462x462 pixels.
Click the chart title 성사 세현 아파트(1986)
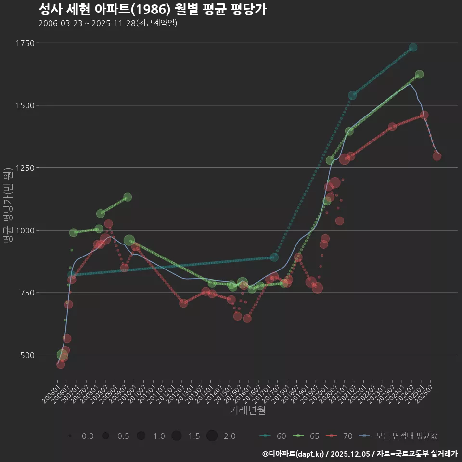[x=152, y=10]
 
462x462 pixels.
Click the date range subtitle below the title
[x=108, y=23]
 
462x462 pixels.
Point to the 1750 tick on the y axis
[x=25, y=43]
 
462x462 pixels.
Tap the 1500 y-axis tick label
[x=25, y=105]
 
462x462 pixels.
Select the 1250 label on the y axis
[x=25, y=168]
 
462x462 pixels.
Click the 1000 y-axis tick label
[x=25, y=230]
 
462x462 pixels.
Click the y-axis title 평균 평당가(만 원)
[x=8, y=207]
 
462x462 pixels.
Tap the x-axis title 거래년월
[x=247, y=411]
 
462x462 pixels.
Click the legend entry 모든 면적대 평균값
[x=399, y=436]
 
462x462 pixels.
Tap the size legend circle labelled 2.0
[x=212, y=436]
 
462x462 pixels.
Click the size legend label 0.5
[x=123, y=436]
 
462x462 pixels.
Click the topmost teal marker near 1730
[x=413, y=48]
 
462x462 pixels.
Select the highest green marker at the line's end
[x=419, y=74]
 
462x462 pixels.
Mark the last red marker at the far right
[x=436, y=156]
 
